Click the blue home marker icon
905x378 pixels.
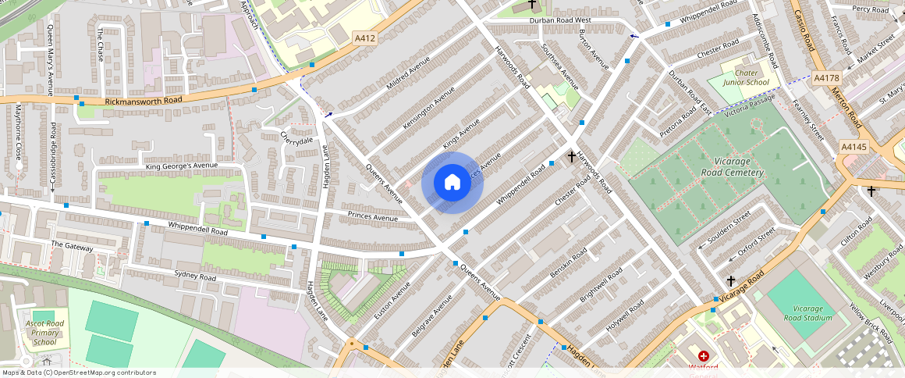(452, 183)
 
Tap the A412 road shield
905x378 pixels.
(364, 37)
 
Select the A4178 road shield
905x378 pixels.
(825, 78)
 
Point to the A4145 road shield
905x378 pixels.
(854, 147)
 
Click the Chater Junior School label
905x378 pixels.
(746, 77)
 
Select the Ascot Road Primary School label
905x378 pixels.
(45, 333)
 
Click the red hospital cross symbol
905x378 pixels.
(703, 356)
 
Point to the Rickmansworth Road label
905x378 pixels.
(143, 101)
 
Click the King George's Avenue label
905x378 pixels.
(181, 166)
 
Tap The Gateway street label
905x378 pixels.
(72, 246)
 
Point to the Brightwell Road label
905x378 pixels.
(601, 286)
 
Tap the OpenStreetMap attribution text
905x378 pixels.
(78, 373)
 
